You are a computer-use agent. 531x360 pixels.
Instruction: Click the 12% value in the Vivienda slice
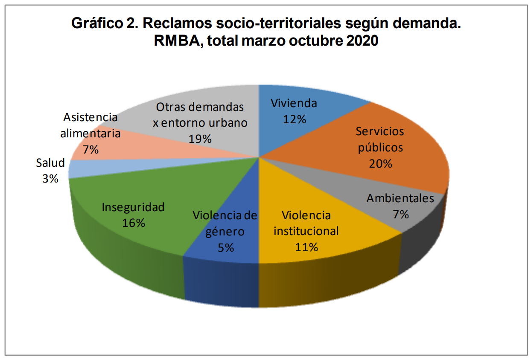[x=295, y=119]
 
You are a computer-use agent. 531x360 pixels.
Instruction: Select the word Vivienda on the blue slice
[x=294, y=103]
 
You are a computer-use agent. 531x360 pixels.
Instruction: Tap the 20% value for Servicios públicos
[x=380, y=163]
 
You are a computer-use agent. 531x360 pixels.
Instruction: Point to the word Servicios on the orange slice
[x=380, y=131]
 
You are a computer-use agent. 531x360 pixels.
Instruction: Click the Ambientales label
[x=400, y=198]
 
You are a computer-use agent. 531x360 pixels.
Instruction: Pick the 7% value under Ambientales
[x=401, y=214]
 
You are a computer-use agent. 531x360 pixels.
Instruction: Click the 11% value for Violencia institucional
[x=306, y=247]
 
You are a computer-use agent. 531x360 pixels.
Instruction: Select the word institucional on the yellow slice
[x=306, y=231]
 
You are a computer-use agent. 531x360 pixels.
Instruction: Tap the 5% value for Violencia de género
[x=226, y=247]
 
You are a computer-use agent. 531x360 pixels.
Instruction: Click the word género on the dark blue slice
[x=225, y=232]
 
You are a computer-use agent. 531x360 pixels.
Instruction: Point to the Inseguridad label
[x=133, y=207]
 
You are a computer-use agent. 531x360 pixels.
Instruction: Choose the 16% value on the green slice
[x=133, y=223]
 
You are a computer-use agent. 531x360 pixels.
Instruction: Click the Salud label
[x=50, y=163]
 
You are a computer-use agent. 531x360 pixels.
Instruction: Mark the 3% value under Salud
[x=50, y=179]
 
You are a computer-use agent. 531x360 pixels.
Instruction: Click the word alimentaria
[x=90, y=133]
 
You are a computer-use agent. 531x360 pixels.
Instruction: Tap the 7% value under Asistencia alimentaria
[x=91, y=149]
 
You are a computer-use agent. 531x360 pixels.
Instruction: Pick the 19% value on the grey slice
[x=200, y=139]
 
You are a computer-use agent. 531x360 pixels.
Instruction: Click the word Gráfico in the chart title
[x=97, y=23]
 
